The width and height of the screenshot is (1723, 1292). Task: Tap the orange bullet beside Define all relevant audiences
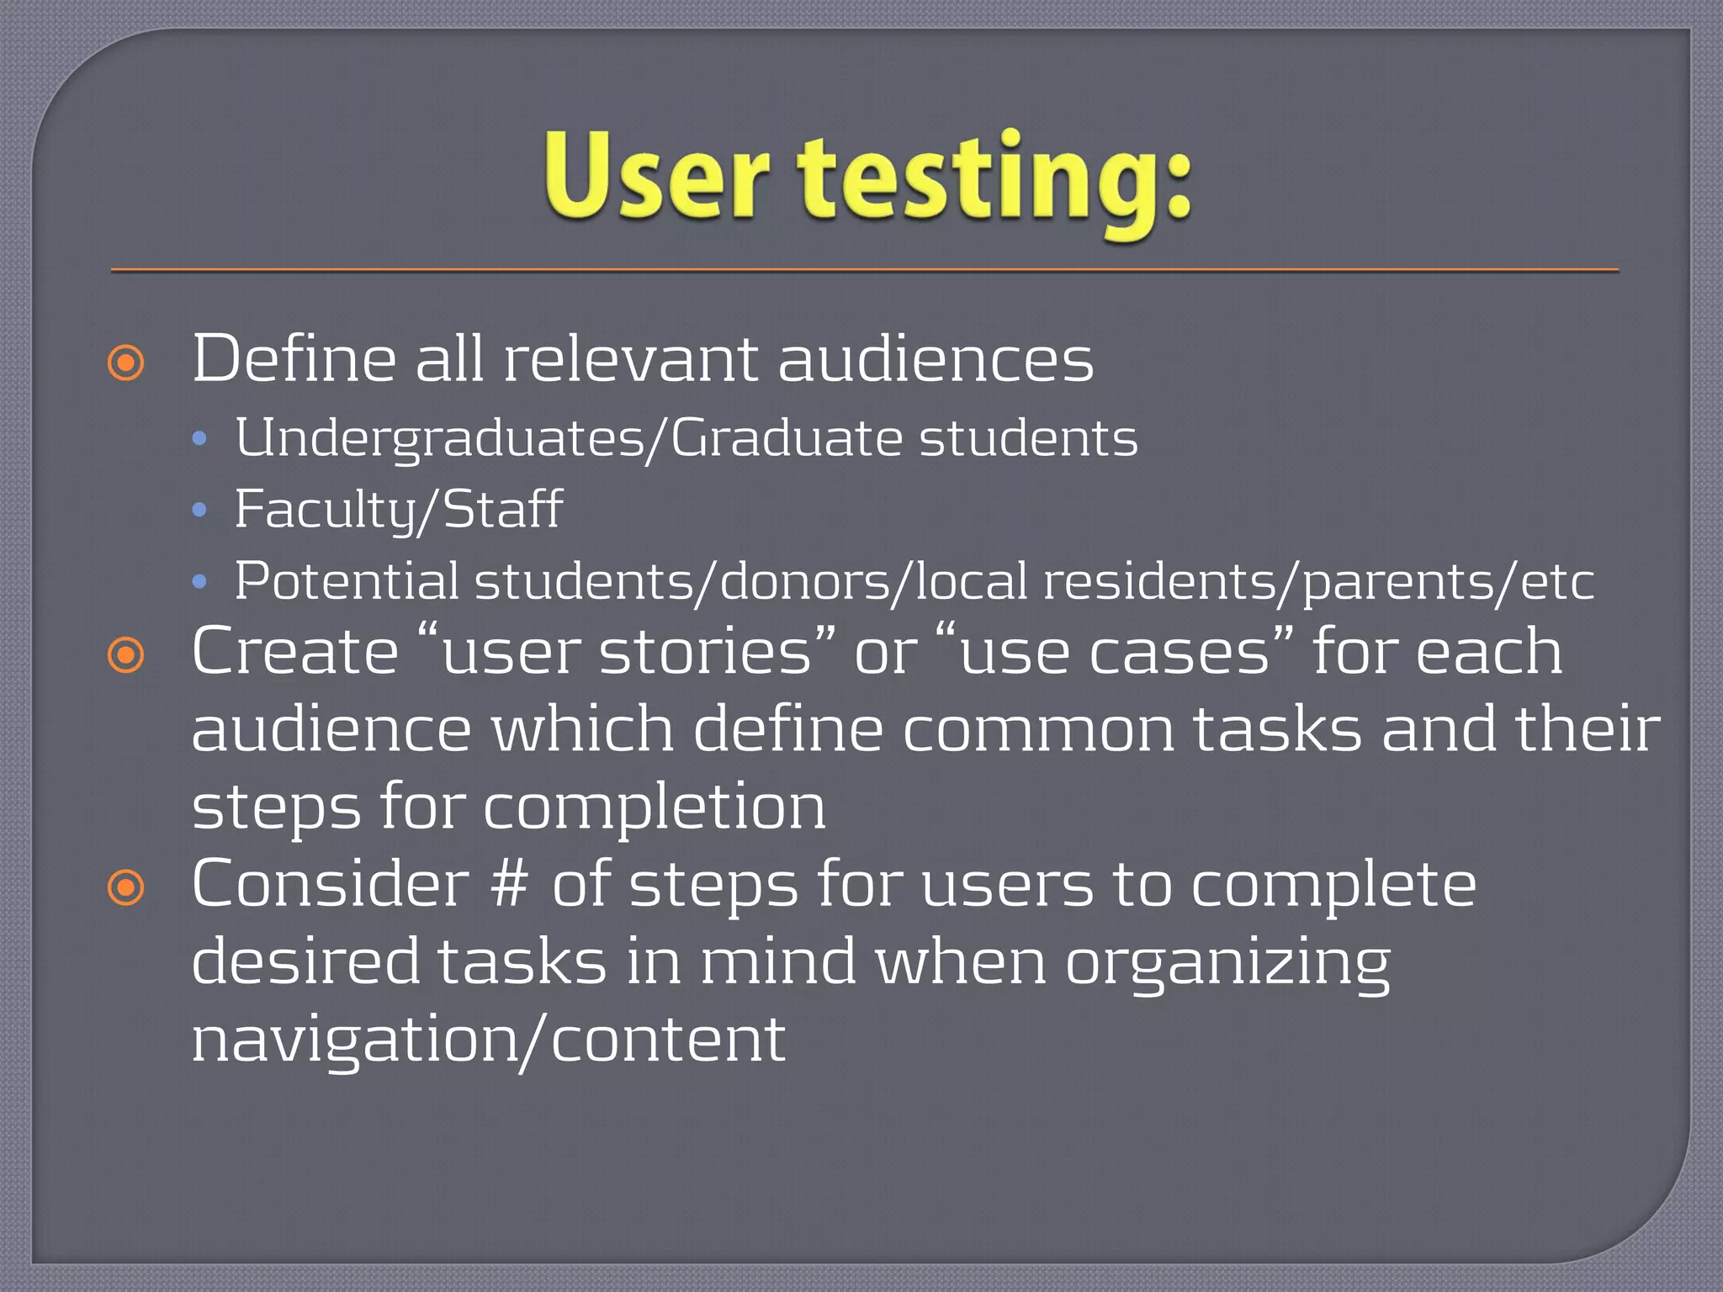pyautogui.click(x=126, y=363)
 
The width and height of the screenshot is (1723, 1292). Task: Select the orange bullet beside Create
pyautogui.click(x=126, y=655)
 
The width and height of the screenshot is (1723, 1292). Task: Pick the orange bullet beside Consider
pyautogui.click(x=126, y=887)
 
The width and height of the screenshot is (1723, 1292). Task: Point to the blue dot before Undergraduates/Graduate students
pyautogui.click(x=199, y=438)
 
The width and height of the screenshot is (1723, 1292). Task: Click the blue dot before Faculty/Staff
pyautogui.click(x=199, y=510)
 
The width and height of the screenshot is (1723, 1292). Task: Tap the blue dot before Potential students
pyautogui.click(x=199, y=581)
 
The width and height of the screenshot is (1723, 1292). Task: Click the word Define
pyautogui.click(x=294, y=359)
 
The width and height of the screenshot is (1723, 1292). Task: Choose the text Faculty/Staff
pyautogui.click(x=398, y=510)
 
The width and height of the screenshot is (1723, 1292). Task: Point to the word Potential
pyautogui.click(x=347, y=581)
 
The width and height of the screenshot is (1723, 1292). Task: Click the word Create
pyautogui.click(x=294, y=652)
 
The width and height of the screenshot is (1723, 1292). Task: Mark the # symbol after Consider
pyautogui.click(x=511, y=885)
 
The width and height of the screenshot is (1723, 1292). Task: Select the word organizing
pyautogui.click(x=1227, y=964)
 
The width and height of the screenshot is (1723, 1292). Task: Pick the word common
pyautogui.click(x=1037, y=729)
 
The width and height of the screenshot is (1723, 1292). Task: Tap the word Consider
pyautogui.click(x=330, y=885)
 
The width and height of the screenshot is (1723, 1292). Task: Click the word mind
pyautogui.click(x=778, y=962)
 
